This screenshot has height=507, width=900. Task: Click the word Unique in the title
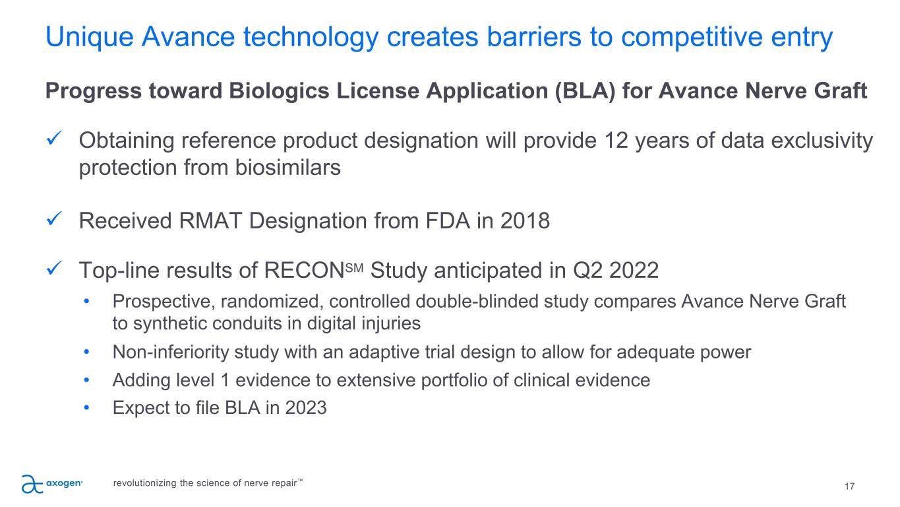click(90, 38)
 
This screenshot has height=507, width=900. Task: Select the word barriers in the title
click(534, 37)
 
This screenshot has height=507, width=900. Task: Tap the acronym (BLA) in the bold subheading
click(585, 91)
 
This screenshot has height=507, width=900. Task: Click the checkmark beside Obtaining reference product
click(54, 138)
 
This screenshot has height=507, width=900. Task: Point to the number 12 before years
click(616, 141)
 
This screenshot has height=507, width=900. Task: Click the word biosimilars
click(287, 168)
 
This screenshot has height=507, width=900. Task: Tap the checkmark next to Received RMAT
click(54, 219)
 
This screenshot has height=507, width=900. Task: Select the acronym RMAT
click(210, 221)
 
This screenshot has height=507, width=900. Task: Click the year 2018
click(525, 221)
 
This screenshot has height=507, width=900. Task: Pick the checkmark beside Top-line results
click(54, 268)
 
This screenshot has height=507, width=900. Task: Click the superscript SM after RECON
click(354, 268)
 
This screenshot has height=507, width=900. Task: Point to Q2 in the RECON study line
click(587, 271)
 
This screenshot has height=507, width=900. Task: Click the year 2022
click(634, 271)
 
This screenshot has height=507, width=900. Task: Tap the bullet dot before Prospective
click(86, 301)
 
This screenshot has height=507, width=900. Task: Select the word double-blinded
click(477, 302)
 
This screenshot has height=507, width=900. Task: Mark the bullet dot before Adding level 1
click(86, 380)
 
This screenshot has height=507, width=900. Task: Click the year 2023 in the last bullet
click(306, 407)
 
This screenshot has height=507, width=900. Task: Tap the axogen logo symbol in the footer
click(32, 484)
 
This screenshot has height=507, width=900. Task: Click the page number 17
click(849, 487)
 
